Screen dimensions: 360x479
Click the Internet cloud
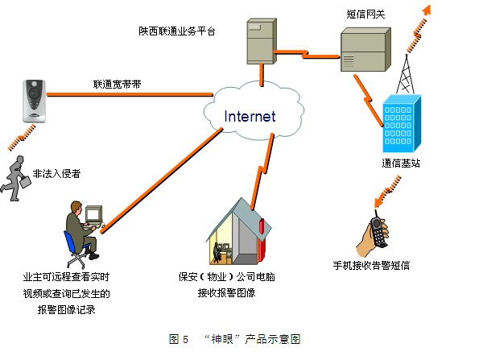tap(249, 116)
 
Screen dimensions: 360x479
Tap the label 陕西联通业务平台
tap(176, 31)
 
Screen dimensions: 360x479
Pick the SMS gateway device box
tap(363, 50)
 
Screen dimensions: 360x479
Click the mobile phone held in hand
tap(378, 229)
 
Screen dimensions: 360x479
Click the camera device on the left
tap(33, 100)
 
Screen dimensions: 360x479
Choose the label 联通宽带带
tap(118, 83)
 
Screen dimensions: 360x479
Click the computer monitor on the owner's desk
tap(94, 214)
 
